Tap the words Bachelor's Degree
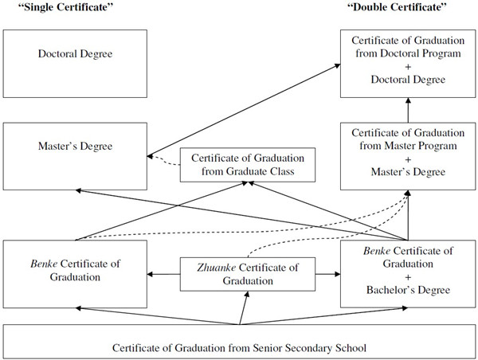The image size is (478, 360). tap(407, 291)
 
